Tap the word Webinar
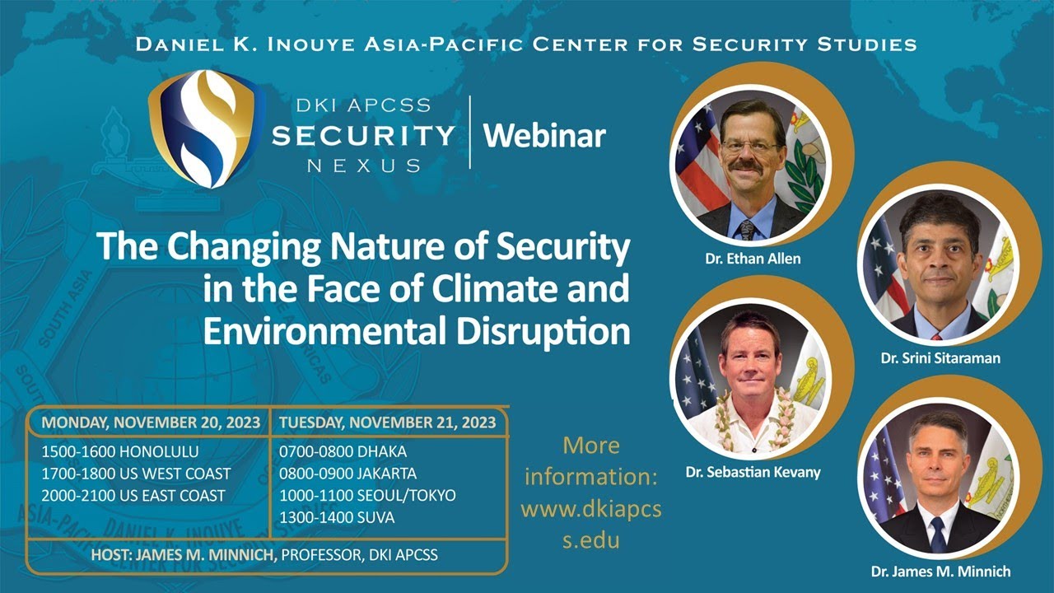(x=544, y=135)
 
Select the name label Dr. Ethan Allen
(x=753, y=259)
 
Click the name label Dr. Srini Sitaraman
(x=940, y=358)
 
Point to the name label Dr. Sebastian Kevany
(x=753, y=473)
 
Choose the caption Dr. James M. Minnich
(x=940, y=571)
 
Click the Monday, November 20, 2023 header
(x=151, y=423)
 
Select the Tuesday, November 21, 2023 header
(x=388, y=423)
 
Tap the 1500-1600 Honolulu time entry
(x=120, y=451)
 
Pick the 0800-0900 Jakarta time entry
(x=347, y=474)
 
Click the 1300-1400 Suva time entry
(x=336, y=518)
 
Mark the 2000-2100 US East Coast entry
(x=133, y=496)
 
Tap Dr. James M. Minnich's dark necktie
(x=938, y=535)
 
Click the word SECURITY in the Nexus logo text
(x=363, y=135)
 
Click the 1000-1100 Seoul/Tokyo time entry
(x=367, y=496)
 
